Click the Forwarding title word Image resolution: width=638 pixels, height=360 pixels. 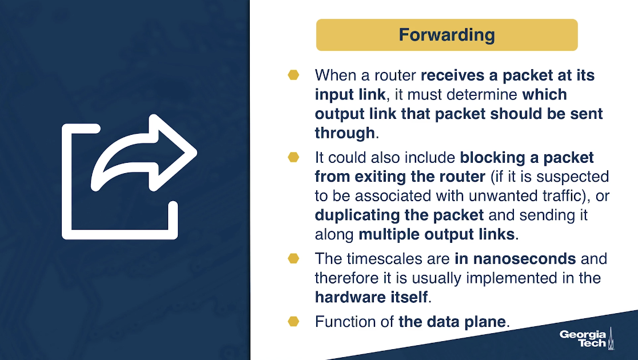[446, 35]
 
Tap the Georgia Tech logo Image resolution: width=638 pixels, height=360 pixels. [587, 338]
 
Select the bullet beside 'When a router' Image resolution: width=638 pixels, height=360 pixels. [293, 75]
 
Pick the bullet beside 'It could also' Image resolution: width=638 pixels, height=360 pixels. [293, 157]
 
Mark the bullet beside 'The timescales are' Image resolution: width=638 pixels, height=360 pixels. [293, 258]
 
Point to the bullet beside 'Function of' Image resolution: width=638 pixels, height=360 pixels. [293, 321]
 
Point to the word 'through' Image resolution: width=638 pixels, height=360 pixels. [345, 133]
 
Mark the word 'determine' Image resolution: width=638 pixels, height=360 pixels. [482, 94]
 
